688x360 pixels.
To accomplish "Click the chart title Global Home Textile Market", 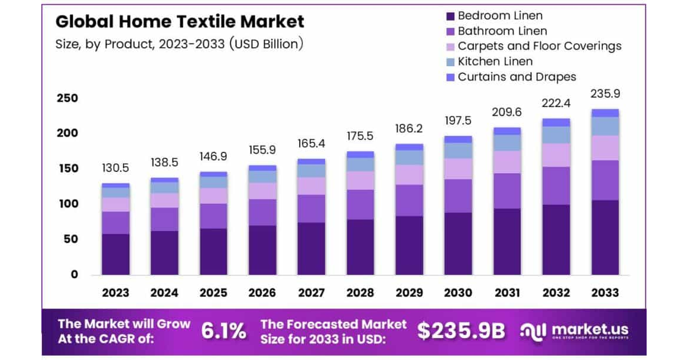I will (180, 22).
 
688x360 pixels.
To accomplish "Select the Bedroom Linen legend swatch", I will (450, 16).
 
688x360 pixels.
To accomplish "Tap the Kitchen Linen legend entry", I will (495, 61).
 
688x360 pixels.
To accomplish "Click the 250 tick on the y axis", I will (67, 98).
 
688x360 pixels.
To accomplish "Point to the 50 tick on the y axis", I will (70, 239).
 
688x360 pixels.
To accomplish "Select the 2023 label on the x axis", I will (115, 293).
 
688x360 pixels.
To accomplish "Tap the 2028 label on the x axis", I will (360, 293).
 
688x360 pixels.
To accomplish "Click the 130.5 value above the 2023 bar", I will (115, 168).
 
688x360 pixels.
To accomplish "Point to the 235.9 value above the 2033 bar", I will (605, 93).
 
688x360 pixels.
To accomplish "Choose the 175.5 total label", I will (360, 136).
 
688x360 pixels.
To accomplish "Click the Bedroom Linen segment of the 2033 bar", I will (605, 237).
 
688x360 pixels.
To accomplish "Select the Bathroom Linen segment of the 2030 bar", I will (458, 196).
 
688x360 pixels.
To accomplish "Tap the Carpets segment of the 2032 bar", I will (556, 155).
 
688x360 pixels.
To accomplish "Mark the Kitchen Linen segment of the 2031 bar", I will (507, 142).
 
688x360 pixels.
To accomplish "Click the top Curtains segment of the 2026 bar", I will (262, 168).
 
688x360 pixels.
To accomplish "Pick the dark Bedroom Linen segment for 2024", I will (164, 252).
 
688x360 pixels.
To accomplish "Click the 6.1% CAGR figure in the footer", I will (223, 332).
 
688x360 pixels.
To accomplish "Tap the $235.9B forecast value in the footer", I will (461, 332).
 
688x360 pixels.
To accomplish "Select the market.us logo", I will (574, 331).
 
